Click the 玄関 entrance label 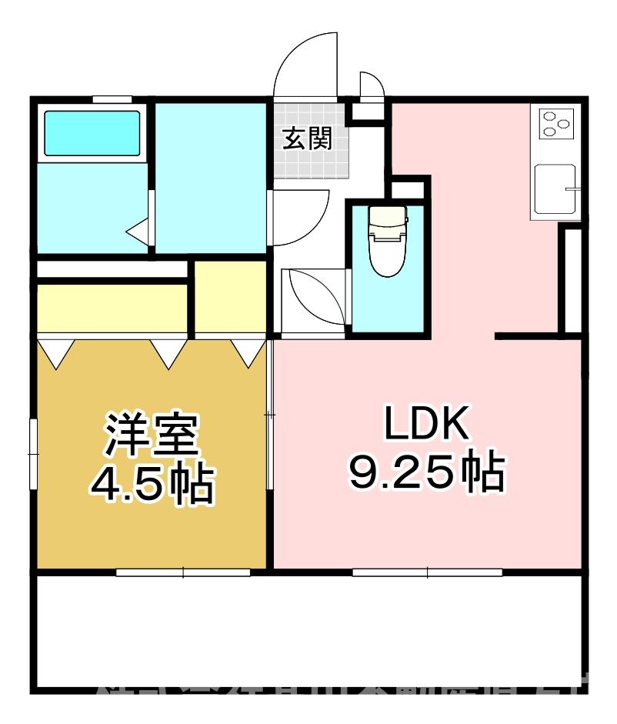coord(308,139)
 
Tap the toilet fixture coord(387,240)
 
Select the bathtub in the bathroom coord(92,133)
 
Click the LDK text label coord(427,424)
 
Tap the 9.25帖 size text coord(427,473)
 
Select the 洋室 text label coord(152,435)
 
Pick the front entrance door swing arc coord(306,65)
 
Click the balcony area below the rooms coord(308,631)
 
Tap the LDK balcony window coord(427,572)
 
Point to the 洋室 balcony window coord(183,572)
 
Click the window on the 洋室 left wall coord(33,453)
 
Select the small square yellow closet coord(230,297)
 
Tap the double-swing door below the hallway coord(312,300)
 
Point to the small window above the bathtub coord(112,99)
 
